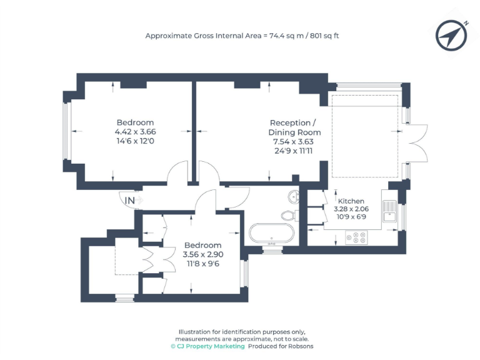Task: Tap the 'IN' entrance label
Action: (x=130, y=200)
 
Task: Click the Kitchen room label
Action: (x=351, y=201)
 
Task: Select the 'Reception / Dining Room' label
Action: (x=294, y=127)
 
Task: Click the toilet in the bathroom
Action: (x=289, y=216)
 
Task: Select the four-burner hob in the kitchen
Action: (x=356, y=237)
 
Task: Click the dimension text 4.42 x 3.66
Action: (x=135, y=132)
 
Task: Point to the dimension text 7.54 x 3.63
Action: (x=294, y=142)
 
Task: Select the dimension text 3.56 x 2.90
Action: (x=202, y=254)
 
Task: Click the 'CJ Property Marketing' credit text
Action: (x=211, y=346)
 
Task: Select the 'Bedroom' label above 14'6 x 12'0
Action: (x=135, y=122)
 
